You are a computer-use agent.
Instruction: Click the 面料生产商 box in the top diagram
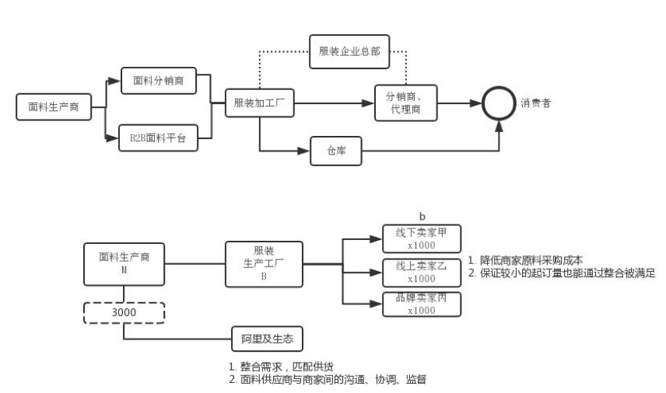[x=53, y=107]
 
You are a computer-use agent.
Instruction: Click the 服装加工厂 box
[x=259, y=103]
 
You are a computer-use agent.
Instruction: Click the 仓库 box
[x=337, y=151]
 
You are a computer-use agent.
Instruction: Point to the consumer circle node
[x=499, y=103]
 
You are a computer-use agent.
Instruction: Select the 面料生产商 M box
[x=124, y=264]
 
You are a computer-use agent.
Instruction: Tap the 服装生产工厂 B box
[x=264, y=264]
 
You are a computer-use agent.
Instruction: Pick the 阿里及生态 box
[x=267, y=339]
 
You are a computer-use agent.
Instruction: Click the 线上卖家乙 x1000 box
[x=422, y=270]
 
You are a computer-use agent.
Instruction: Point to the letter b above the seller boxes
[x=422, y=215]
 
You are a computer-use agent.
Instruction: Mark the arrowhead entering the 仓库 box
[x=306, y=151]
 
